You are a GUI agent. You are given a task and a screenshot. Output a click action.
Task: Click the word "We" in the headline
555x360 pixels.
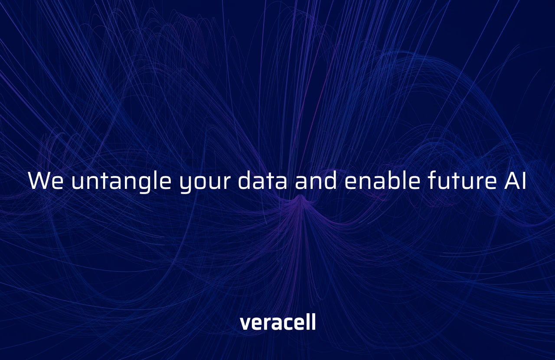[46, 180]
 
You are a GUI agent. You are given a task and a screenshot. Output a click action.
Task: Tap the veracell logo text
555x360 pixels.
[278, 321]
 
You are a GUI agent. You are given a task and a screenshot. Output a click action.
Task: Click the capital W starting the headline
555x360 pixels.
[39, 181]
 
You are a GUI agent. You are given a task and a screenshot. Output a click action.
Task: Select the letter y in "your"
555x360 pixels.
[187, 185]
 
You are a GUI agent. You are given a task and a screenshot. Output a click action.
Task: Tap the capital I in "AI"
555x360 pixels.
[525, 181]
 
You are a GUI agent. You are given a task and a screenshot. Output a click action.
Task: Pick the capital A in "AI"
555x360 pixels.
[512, 181]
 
